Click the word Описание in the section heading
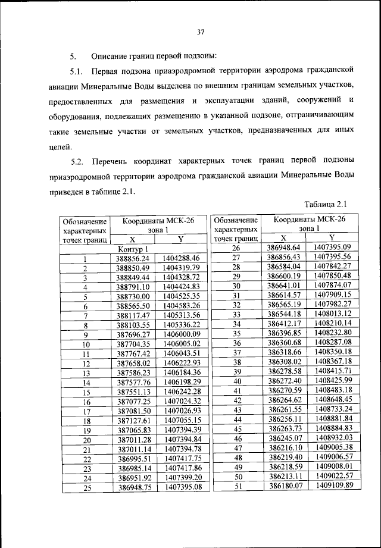pyautogui.click(x=111, y=57)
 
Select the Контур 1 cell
pyautogui.click(x=132, y=248)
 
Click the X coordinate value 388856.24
pyautogui.click(x=132, y=258)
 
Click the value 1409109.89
pyautogui.click(x=332, y=486)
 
